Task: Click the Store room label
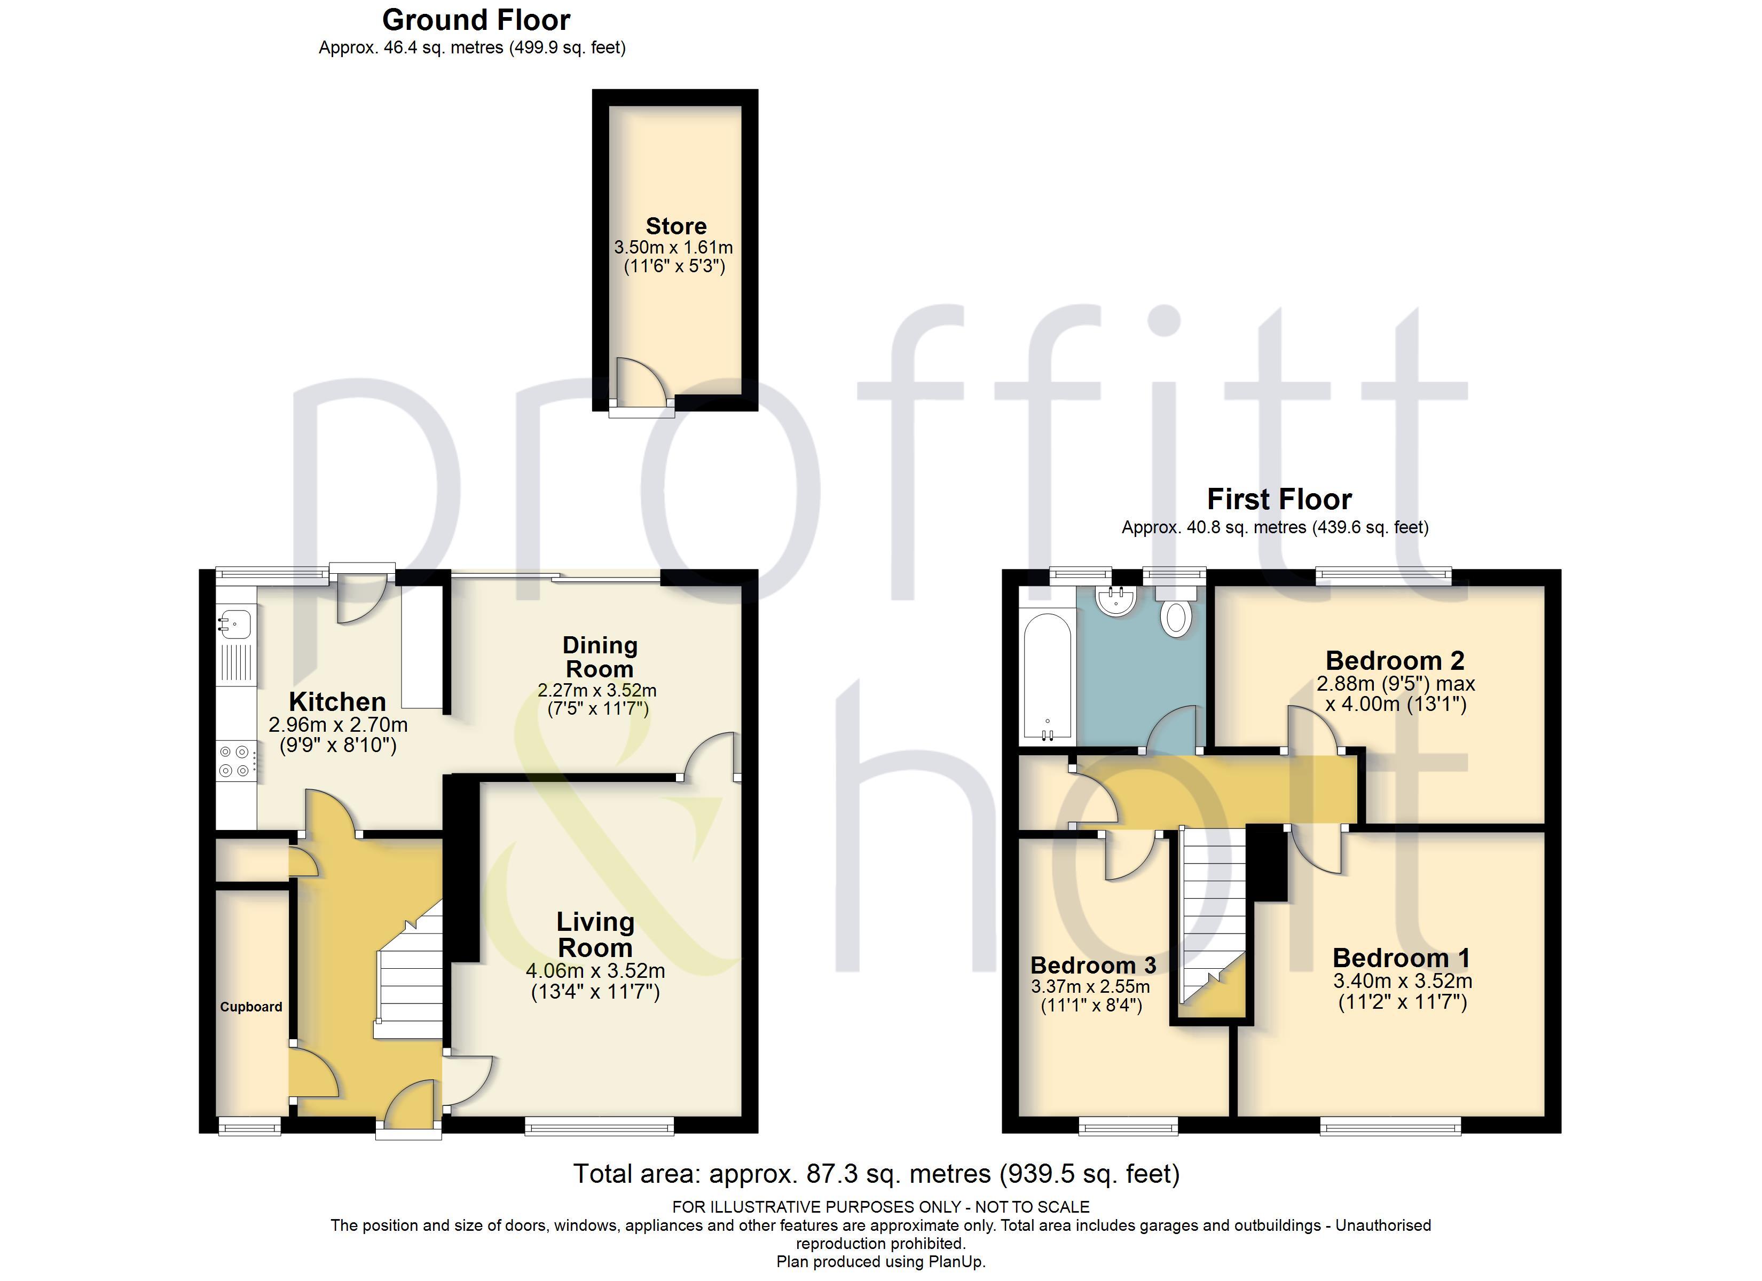676,226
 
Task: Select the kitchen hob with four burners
234,761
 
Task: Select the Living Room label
595,935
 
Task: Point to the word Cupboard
251,1007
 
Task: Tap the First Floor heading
1279,499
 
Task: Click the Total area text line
876,1173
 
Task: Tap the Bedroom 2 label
1395,660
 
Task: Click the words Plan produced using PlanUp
880,1262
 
